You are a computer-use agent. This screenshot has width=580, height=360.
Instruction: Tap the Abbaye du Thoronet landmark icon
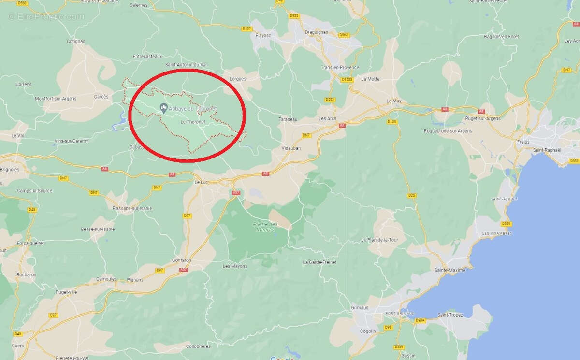pyautogui.click(x=163, y=108)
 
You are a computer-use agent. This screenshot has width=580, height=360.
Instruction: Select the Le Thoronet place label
pyautogui.click(x=193, y=122)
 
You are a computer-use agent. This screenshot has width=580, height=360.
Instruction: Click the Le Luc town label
pyautogui.click(x=201, y=183)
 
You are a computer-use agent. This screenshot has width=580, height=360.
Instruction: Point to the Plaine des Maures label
pyautogui.click(x=266, y=227)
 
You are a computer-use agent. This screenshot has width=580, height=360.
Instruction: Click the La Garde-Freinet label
pyautogui.click(x=319, y=262)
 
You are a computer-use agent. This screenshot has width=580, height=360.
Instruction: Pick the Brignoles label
pyautogui.click(x=10, y=170)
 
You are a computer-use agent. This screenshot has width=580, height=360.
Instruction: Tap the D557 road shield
pyautogui.click(x=247, y=29)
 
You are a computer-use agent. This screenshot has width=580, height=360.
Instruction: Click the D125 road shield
pyautogui.click(x=392, y=122)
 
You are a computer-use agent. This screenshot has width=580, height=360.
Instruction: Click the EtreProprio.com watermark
pyautogui.click(x=46, y=17)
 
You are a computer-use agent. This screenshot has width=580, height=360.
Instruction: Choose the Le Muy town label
pyautogui.click(x=394, y=101)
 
